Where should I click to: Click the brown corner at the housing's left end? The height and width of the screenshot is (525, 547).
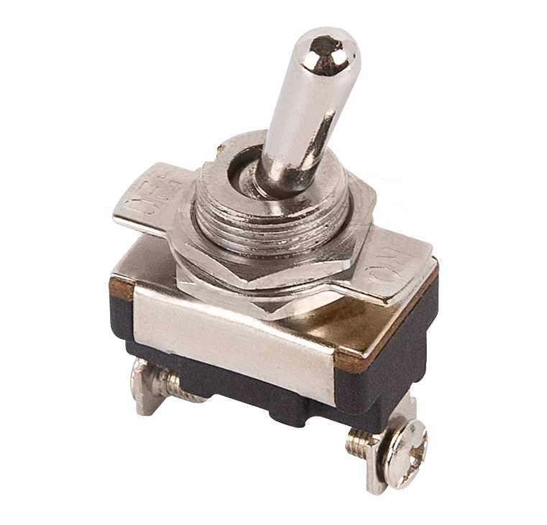tap(121, 290)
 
